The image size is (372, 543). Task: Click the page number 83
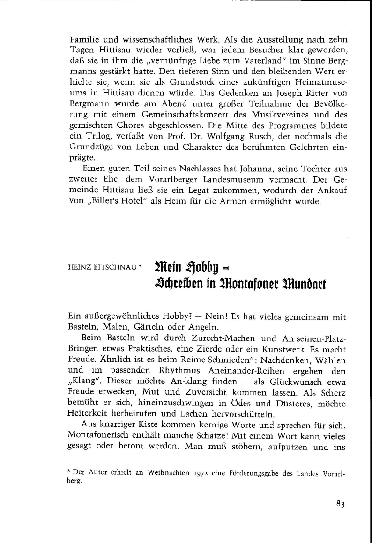tap(340, 504)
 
